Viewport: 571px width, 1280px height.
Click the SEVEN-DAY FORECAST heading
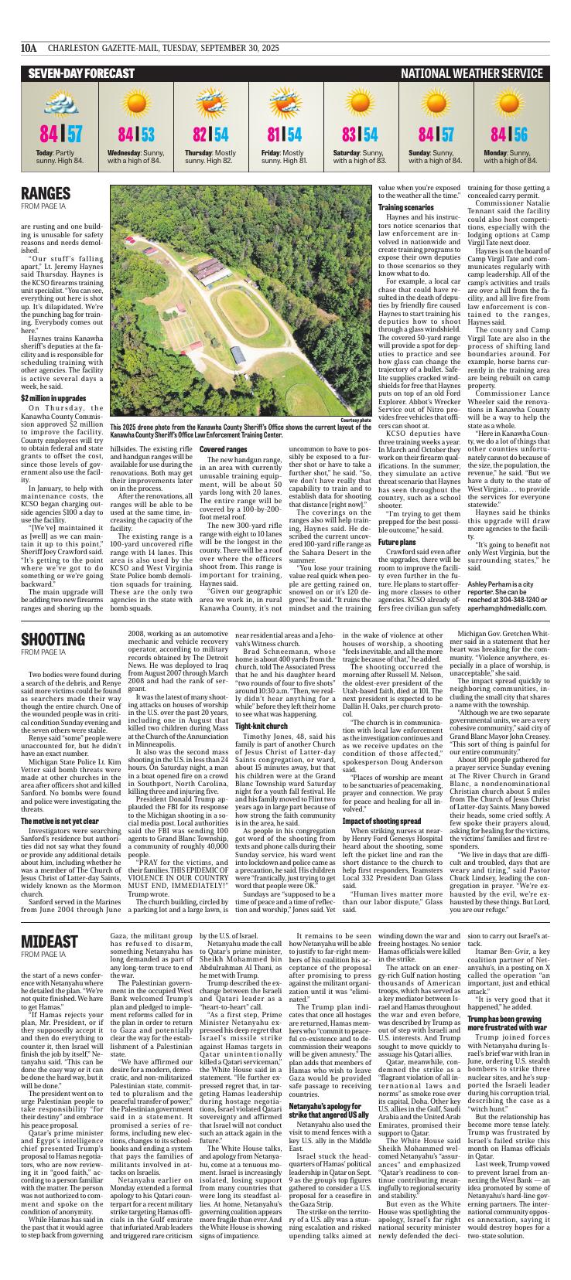click(x=82, y=73)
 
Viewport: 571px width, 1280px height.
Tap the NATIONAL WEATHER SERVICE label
click(x=471, y=73)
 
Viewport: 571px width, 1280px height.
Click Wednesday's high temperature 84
click(x=127, y=135)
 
